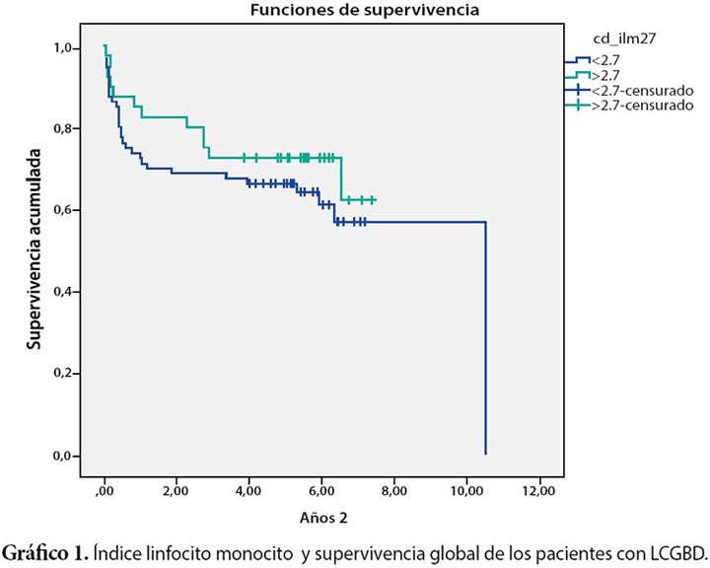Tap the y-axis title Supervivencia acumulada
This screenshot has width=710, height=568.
click(x=34, y=250)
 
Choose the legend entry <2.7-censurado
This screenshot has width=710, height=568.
click(x=635, y=90)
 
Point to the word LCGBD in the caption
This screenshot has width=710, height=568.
click(x=677, y=547)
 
